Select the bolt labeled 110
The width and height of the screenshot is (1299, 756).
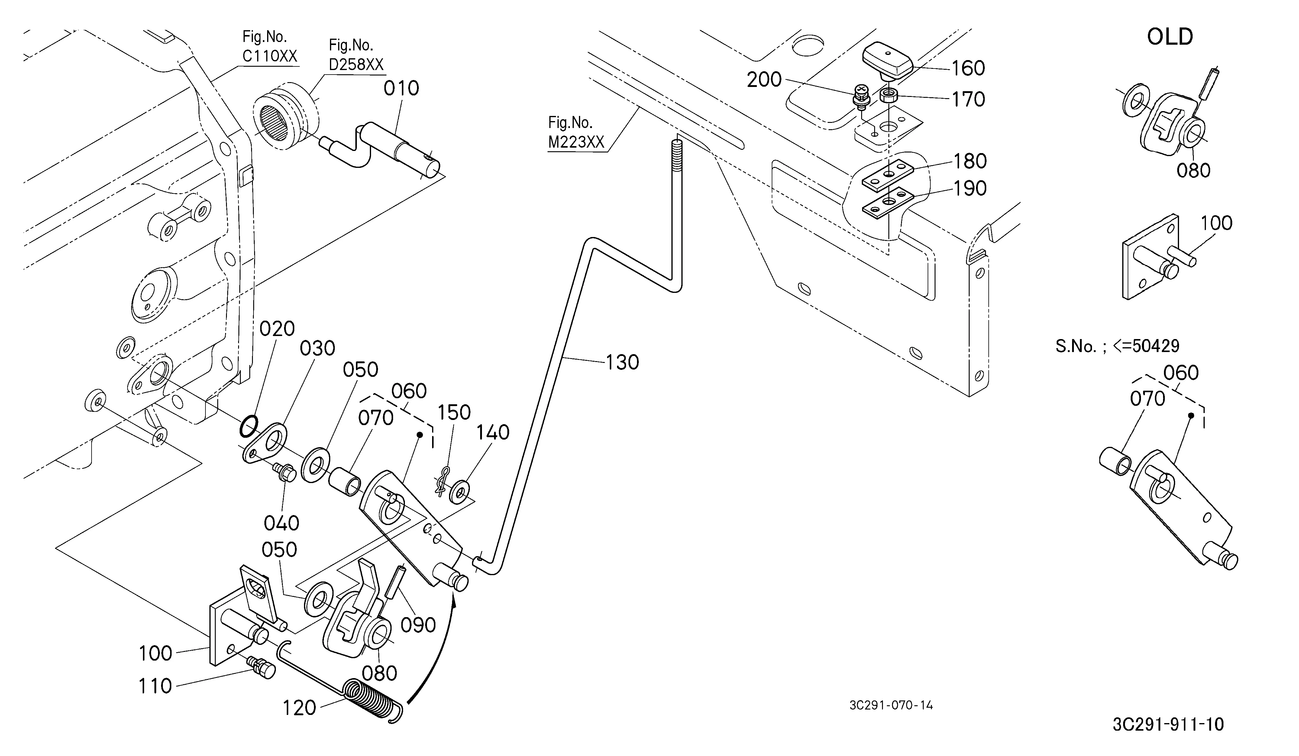(x=262, y=668)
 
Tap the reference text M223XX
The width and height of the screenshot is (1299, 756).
(x=576, y=142)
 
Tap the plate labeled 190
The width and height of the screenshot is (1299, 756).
(x=888, y=202)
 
